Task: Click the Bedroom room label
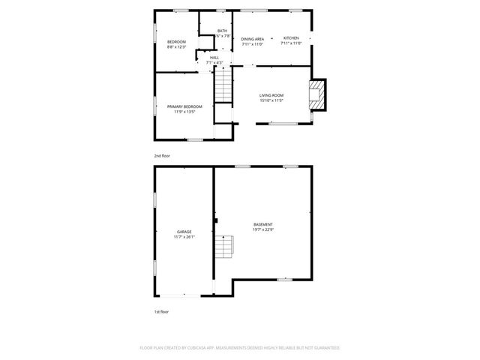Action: point(176,41)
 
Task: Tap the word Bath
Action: point(222,31)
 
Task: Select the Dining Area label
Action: point(252,38)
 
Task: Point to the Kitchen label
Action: point(290,38)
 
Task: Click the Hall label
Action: point(214,57)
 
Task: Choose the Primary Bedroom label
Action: point(184,106)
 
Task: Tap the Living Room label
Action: point(271,95)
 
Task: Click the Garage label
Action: point(184,232)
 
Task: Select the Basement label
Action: point(262,225)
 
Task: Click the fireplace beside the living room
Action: point(318,94)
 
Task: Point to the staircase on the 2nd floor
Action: point(223,87)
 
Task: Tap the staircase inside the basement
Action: point(223,247)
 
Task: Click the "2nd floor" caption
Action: point(162,155)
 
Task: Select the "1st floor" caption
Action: point(161,311)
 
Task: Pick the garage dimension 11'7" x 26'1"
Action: point(184,237)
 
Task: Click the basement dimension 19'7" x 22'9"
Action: point(262,230)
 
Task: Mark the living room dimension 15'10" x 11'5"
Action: point(271,100)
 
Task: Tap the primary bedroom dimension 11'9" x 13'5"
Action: point(184,112)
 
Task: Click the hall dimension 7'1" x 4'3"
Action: point(214,62)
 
